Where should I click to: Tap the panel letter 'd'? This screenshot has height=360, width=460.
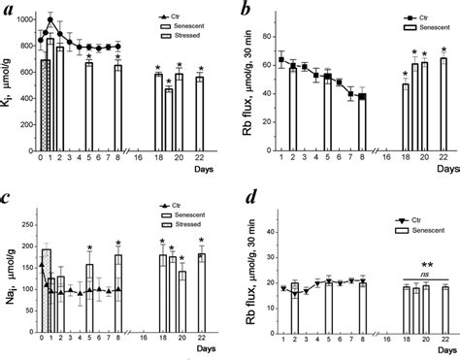tap(248, 197)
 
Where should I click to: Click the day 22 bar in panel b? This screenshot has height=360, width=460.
tap(444, 101)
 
